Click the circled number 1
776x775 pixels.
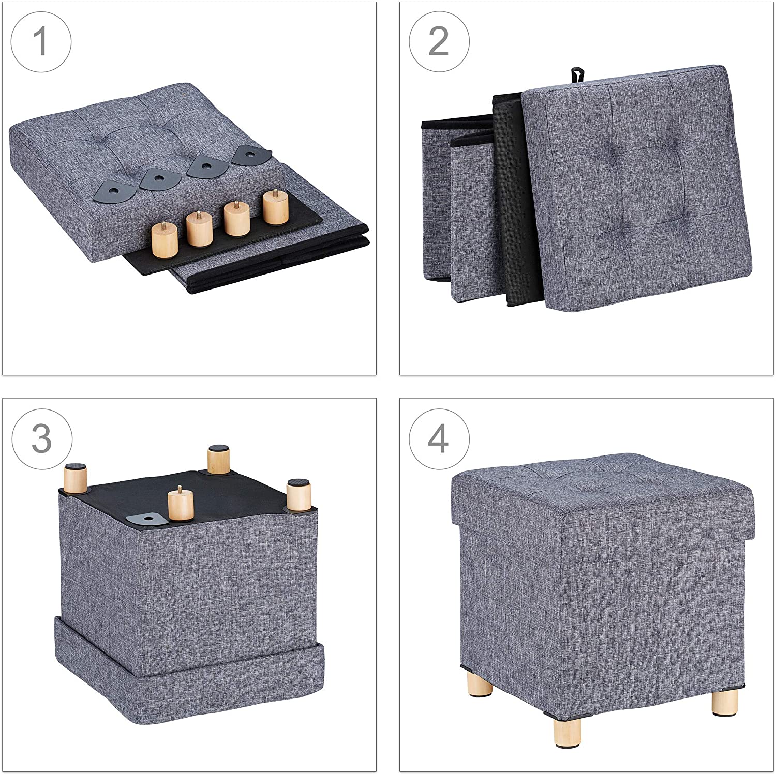click(41, 42)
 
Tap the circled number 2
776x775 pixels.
click(439, 42)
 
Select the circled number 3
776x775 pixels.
click(41, 439)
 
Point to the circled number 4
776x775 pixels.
click(439, 439)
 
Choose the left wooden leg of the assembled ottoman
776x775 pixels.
click(479, 687)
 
